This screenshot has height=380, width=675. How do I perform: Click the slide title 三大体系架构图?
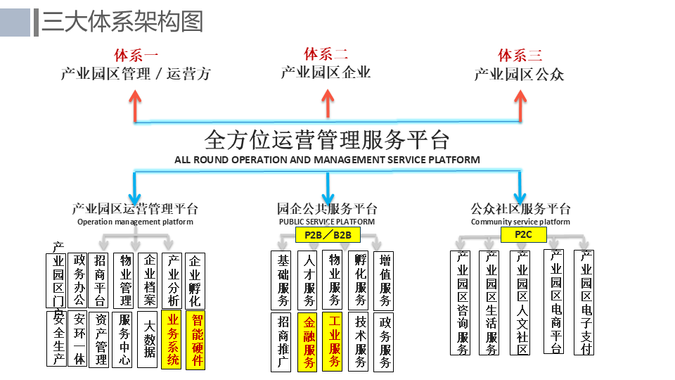click(x=122, y=22)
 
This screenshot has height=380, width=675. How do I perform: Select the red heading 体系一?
click(x=136, y=55)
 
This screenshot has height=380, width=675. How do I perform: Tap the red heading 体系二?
click(x=326, y=54)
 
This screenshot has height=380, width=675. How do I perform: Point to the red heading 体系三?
click(x=520, y=55)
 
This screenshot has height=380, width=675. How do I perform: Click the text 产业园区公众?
click(x=519, y=74)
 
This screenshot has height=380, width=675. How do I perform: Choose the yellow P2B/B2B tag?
click(x=328, y=234)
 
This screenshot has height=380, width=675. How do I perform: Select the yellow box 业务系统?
click(x=172, y=340)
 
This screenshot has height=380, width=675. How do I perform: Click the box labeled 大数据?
click(x=148, y=339)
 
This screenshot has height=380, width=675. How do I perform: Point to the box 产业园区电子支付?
click(x=586, y=303)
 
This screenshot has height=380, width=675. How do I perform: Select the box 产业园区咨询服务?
click(x=462, y=303)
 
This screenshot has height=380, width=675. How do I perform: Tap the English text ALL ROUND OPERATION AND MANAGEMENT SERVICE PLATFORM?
click(x=327, y=160)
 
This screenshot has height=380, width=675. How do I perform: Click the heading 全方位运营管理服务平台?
click(x=327, y=139)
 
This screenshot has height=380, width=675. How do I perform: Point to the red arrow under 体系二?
click(x=328, y=102)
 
